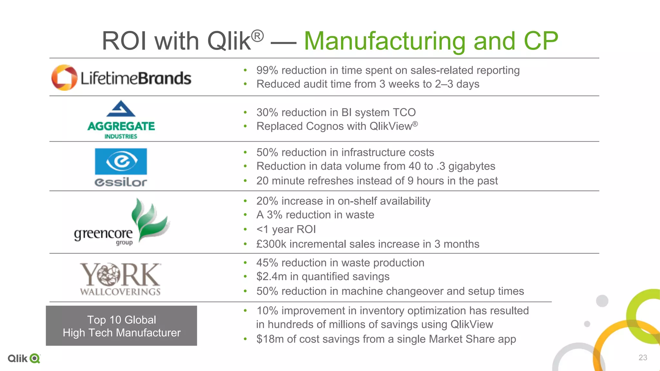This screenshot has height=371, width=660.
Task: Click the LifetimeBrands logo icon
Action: click(64, 78)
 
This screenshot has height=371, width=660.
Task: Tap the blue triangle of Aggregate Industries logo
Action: click(121, 109)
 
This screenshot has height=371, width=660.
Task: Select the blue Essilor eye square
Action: click(121, 161)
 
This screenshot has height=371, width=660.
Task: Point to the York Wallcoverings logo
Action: click(120, 279)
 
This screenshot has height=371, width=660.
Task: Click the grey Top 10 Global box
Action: click(121, 326)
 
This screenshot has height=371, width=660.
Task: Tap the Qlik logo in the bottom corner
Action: click(24, 358)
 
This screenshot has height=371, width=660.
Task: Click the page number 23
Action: click(643, 357)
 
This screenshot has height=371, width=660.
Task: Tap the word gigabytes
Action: click(471, 166)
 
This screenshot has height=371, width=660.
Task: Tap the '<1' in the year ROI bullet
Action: click(262, 229)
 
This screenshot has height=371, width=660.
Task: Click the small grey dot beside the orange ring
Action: click(587, 324)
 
